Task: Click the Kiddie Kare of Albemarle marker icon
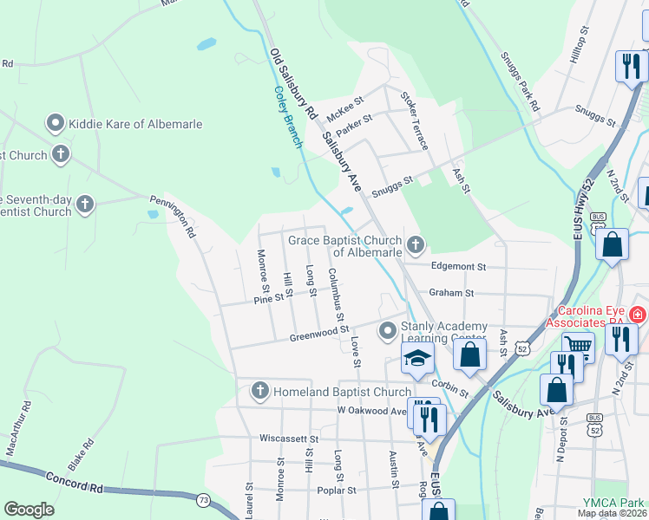click(x=57, y=124)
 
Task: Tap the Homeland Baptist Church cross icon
click(x=259, y=392)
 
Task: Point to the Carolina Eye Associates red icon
click(x=639, y=314)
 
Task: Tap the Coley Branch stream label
click(x=286, y=116)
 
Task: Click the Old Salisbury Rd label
click(x=293, y=84)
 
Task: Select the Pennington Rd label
click(x=174, y=216)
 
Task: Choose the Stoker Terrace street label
click(x=413, y=121)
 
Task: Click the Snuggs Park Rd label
click(x=520, y=82)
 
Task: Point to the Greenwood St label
click(x=318, y=332)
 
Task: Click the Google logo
click(x=29, y=510)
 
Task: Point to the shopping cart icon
click(x=578, y=346)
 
